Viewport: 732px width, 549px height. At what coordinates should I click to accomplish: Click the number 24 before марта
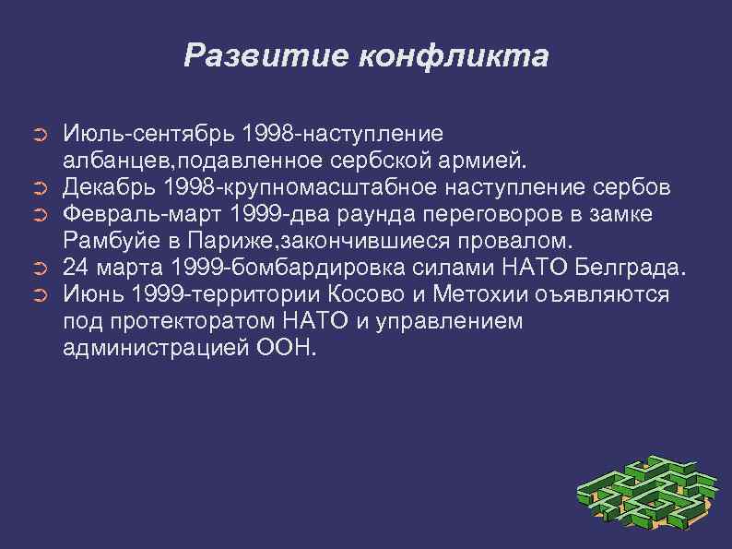76,269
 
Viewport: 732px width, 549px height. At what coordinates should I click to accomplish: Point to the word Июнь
93,295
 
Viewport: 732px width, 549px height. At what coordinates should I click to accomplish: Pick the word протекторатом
195,322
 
